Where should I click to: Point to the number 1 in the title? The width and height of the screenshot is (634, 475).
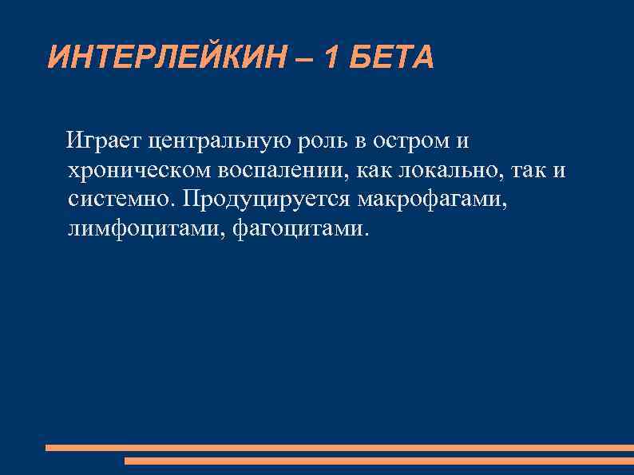pyautogui.click(x=331, y=57)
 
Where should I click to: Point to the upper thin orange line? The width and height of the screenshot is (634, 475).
pyautogui.click(x=339, y=448)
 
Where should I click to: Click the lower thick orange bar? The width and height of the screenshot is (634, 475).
pyautogui.click(x=378, y=461)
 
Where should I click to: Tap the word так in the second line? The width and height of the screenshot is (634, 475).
pyautogui.click(x=532, y=172)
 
